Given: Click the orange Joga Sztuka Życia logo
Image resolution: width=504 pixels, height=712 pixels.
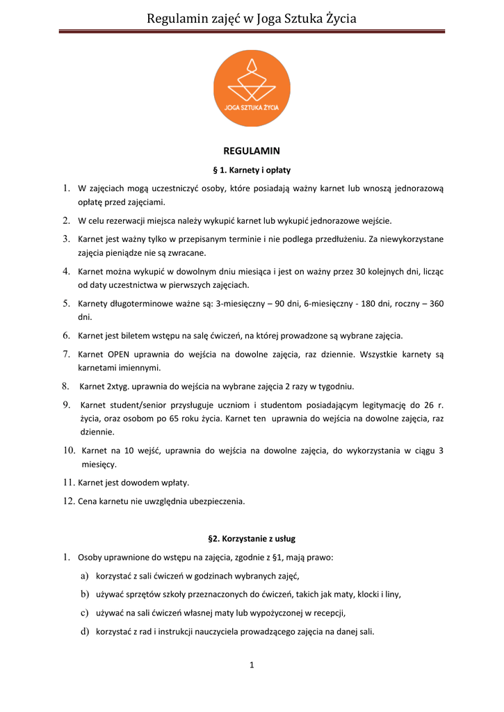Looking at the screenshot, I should click(x=252, y=88).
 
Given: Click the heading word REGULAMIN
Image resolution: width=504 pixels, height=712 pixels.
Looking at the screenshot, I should click(x=251, y=150).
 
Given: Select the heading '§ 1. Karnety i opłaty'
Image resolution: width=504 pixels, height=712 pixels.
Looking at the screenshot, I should click(x=251, y=170).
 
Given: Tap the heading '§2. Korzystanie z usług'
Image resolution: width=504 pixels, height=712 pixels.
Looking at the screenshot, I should click(x=252, y=538).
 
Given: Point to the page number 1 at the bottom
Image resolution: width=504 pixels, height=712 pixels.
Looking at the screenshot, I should click(x=252, y=665).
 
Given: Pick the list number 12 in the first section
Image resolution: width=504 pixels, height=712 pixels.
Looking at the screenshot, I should click(x=68, y=501).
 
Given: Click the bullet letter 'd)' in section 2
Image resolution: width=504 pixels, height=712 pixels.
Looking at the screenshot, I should click(x=85, y=631).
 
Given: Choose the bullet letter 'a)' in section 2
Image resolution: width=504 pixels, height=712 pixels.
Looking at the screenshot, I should click(x=85, y=576).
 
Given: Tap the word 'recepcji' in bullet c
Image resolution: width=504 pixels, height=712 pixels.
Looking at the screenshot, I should click(x=330, y=613).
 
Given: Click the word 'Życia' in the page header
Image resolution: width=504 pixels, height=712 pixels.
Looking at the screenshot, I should click(x=340, y=19).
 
